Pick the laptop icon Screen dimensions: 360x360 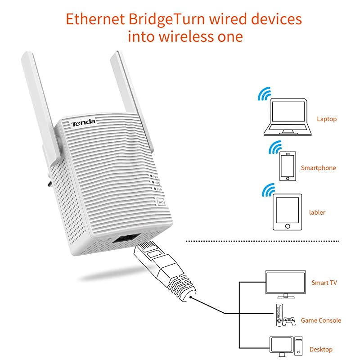(x=287, y=118)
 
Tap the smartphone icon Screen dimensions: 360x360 (x=287, y=166)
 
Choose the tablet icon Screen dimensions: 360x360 (x=287, y=211)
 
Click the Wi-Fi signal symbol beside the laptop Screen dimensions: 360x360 (x=263, y=94)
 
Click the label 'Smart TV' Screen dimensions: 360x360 (x=324, y=283)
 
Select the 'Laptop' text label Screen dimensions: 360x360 (x=326, y=119)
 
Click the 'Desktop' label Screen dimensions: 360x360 (x=321, y=349)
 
